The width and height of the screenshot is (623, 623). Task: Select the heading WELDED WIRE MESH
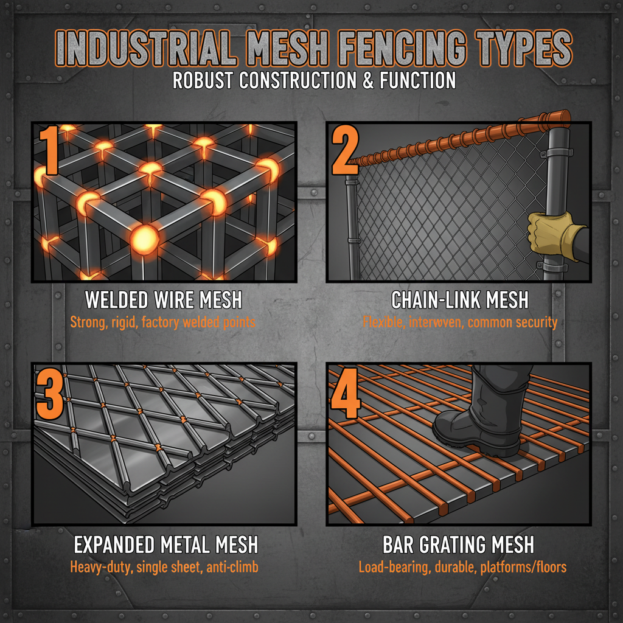point(164,300)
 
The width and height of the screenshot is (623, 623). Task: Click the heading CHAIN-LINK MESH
point(459,300)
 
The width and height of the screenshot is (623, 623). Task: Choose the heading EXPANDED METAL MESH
point(165,543)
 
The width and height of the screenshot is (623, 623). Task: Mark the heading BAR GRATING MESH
point(459,543)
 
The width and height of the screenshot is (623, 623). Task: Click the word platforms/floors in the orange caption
point(524,567)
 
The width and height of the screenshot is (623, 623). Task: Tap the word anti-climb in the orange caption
point(234,567)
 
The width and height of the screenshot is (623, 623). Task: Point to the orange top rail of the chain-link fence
point(462,137)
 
